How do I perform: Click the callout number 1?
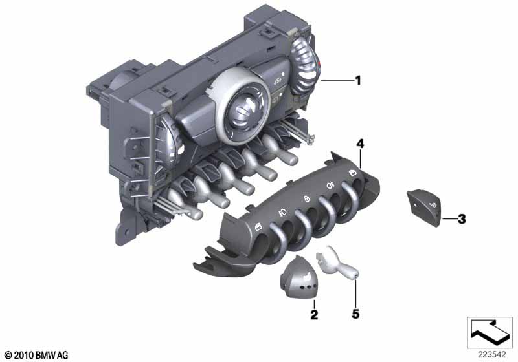pos(358,80)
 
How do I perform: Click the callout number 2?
pos(314,314)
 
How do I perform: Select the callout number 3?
pos(462,219)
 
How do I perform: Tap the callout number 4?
pos(360,144)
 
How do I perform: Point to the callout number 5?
pos(355,314)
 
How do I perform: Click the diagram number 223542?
pos(491,355)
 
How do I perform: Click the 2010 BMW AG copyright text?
pos(37,356)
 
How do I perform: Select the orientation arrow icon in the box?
pos(490,332)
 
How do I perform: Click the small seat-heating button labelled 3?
pos(424,208)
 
